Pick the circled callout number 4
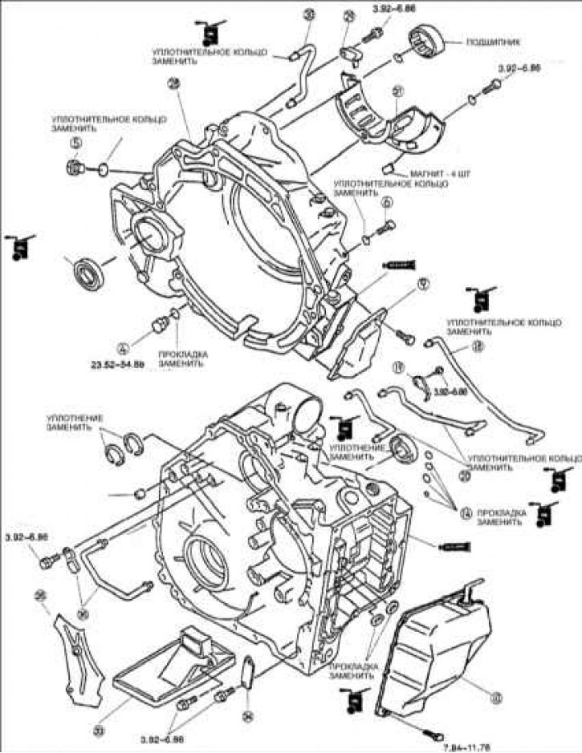click(123, 349)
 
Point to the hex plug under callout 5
click(77, 166)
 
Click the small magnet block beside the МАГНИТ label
click(388, 167)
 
